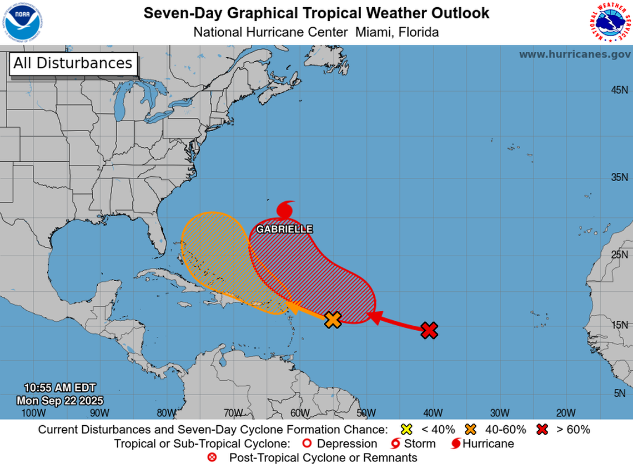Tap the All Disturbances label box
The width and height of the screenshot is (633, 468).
pyautogui.click(x=73, y=63)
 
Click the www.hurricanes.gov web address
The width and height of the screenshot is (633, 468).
pyautogui.click(x=575, y=54)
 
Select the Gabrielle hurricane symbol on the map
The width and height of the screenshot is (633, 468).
pyautogui.click(x=285, y=210)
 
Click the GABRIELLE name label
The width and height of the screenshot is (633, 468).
pyautogui.click(x=284, y=229)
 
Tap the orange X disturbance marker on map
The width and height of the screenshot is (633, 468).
pyautogui.click(x=333, y=320)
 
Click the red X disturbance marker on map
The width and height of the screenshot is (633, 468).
pyautogui.click(x=429, y=330)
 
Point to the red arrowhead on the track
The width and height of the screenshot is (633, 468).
pyautogui.click(x=374, y=317)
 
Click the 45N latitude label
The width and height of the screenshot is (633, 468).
pyautogui.click(x=619, y=90)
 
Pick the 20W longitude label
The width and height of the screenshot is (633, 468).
pyautogui.click(x=566, y=412)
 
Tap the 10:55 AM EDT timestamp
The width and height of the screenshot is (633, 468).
pyautogui.click(x=60, y=388)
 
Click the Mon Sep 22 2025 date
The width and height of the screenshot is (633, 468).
pyautogui.click(x=60, y=400)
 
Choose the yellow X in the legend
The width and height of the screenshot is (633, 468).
pyautogui.click(x=406, y=429)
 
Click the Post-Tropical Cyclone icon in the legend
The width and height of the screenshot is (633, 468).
pyautogui.click(x=212, y=458)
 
